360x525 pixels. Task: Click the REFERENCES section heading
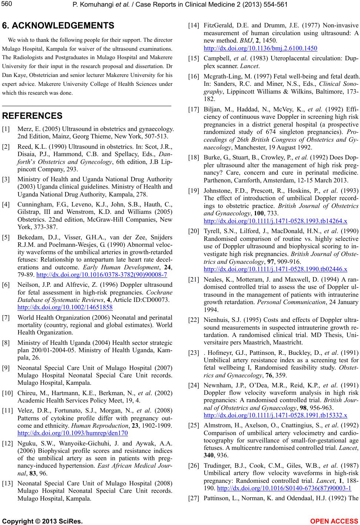coord(32,116)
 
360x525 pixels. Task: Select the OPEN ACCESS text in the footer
coord(334,521)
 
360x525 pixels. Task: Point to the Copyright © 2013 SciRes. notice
coord(42,521)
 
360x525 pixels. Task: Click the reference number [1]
coord(6,129)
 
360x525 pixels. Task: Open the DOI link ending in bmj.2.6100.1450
coord(260,48)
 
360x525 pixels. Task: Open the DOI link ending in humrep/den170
coord(73,433)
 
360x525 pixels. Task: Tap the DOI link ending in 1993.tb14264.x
coord(275,221)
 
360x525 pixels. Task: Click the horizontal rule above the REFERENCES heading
coord(87,106)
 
